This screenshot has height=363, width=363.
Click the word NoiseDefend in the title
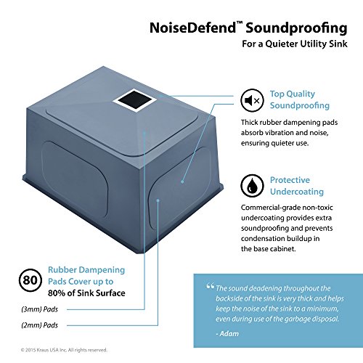192,28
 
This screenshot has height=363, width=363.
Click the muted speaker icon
252,100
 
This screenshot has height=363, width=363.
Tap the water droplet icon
252,186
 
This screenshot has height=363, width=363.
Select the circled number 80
30,280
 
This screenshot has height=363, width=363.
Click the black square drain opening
134,100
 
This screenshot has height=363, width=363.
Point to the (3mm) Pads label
40,309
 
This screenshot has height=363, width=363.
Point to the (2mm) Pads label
40,325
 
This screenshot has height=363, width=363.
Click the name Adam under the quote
229,334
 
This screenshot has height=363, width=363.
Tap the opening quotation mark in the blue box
211,287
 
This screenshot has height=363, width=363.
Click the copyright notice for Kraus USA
64,350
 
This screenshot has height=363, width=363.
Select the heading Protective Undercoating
297,186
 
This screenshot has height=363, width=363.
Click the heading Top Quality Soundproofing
300,99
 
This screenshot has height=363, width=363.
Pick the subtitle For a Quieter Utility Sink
295,44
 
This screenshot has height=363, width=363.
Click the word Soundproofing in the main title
297,28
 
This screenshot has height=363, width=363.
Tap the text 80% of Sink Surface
86,293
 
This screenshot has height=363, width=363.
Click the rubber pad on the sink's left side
74,179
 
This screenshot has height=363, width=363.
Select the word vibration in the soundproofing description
279,133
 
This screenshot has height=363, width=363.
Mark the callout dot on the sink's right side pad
182,181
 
